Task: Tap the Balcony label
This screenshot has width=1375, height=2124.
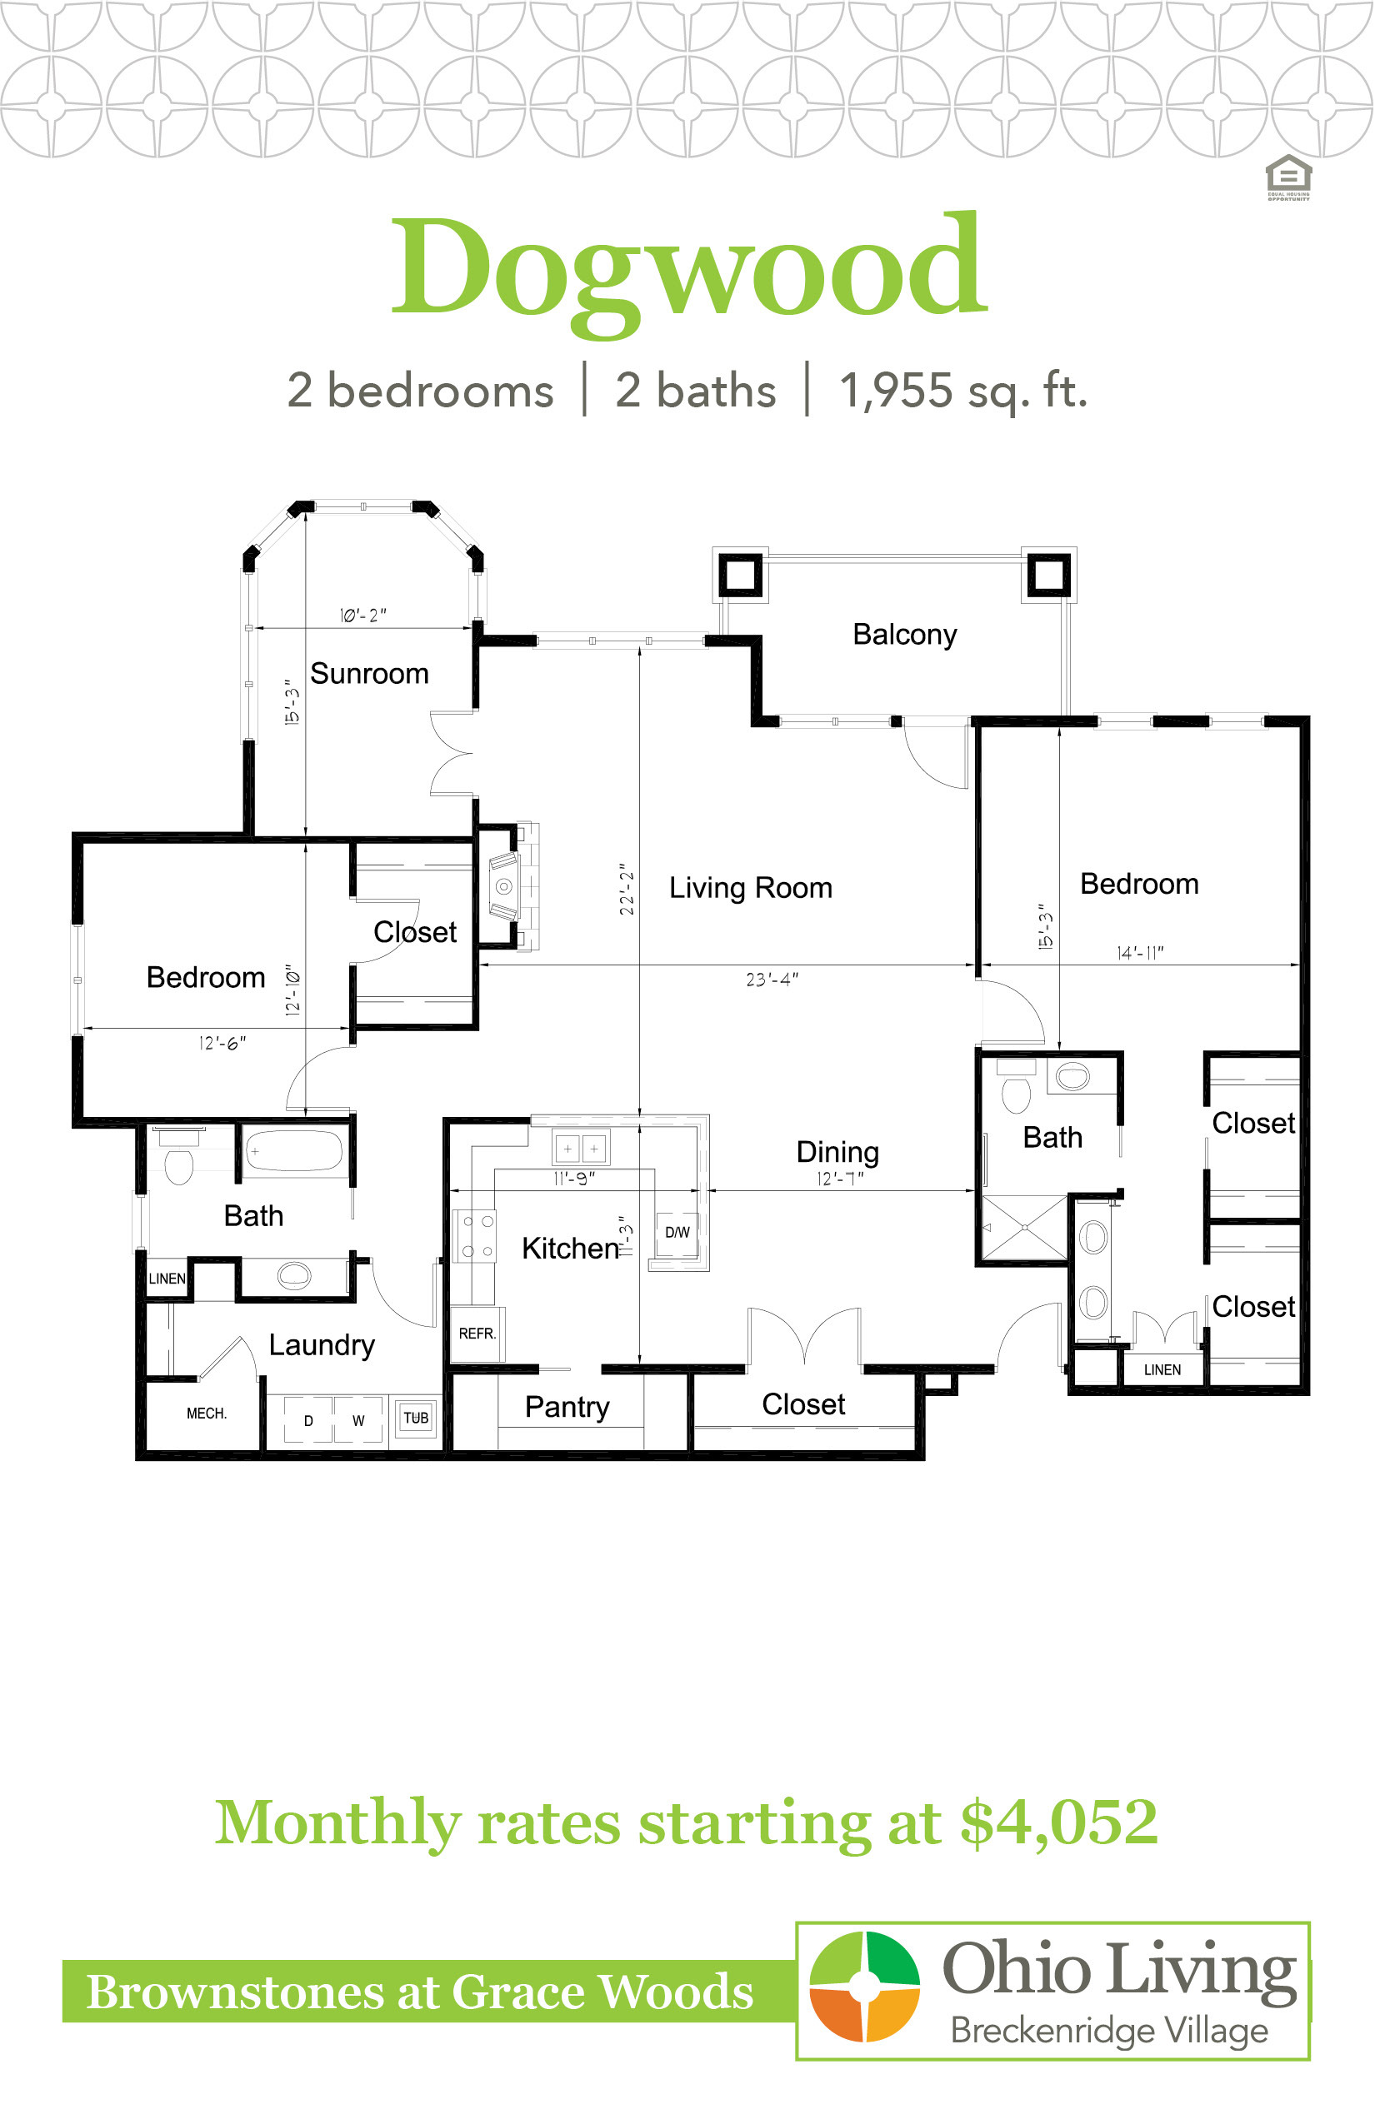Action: tap(904, 635)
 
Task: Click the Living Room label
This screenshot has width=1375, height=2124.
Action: tap(751, 888)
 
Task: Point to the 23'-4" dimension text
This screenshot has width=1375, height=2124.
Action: tap(772, 980)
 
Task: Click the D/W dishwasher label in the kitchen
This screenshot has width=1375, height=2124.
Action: tap(677, 1233)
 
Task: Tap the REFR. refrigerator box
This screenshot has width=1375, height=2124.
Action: tap(477, 1334)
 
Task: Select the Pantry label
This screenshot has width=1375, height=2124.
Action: tap(567, 1408)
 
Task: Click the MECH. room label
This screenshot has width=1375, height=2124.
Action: tap(207, 1414)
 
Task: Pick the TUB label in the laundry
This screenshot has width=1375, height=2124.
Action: tap(416, 1418)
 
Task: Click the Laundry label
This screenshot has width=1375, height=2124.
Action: tap(322, 1346)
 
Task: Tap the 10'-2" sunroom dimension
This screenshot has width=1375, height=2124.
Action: tap(363, 616)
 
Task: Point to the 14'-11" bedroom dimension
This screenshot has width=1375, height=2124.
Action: tap(1140, 953)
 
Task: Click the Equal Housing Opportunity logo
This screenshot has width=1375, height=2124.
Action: tap(1288, 177)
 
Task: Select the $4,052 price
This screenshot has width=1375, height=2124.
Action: tap(1060, 1824)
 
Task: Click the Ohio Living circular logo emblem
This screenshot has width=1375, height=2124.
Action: tap(864, 1987)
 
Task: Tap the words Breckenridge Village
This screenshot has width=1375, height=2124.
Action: tap(1109, 2031)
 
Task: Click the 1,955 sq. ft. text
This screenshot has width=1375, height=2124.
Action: tap(963, 390)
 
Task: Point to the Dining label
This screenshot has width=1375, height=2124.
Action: tap(837, 1152)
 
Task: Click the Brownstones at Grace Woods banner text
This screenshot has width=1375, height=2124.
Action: tap(420, 1992)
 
